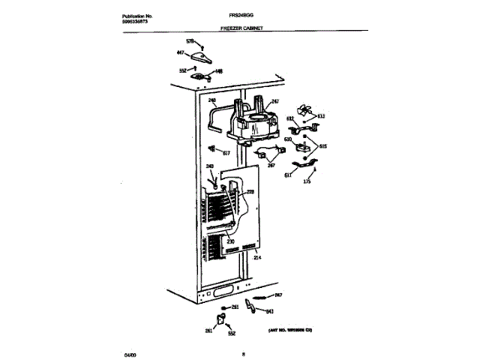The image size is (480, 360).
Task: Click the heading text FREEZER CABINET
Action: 241,27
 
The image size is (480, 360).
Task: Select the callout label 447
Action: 180,52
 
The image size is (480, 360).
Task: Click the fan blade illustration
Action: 304,109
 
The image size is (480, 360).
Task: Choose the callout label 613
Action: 320,116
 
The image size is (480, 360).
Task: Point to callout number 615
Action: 323,146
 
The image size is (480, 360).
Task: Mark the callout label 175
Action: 306,181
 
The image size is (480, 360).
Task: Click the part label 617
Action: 226,152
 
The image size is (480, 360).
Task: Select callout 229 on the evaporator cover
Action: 251,193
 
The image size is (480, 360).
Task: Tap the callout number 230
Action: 231,241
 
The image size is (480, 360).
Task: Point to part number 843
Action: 270,310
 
